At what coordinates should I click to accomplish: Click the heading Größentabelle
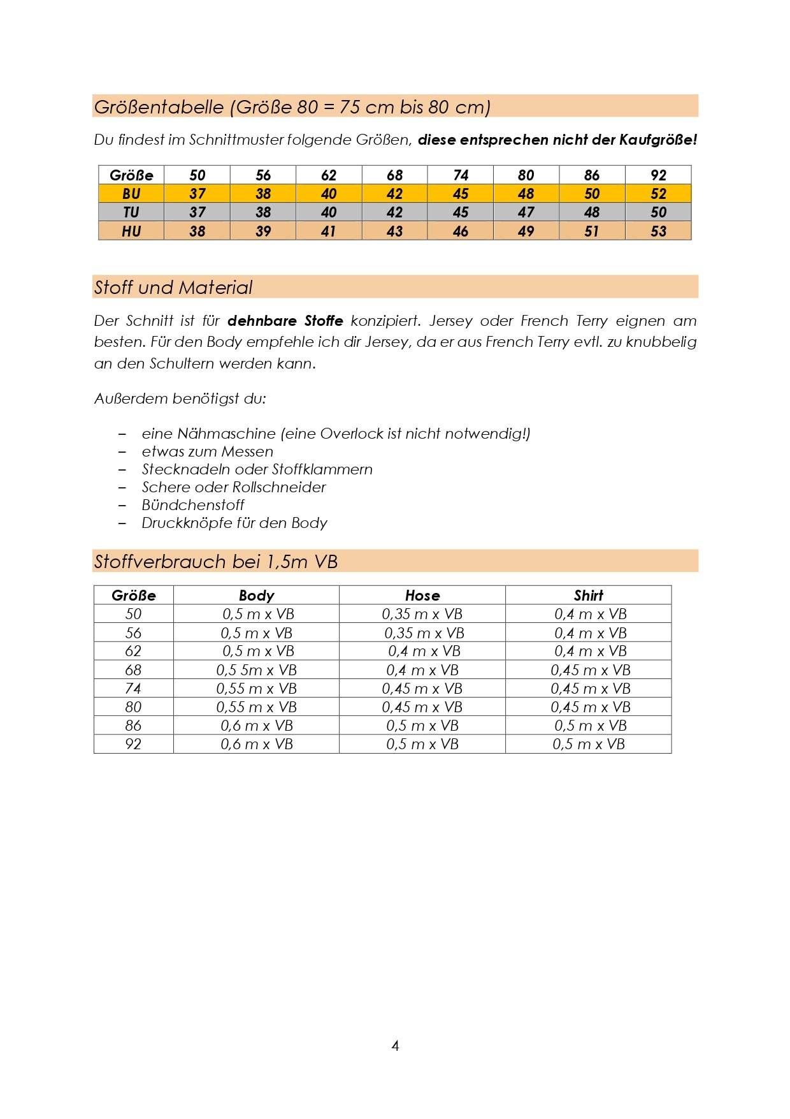[x=159, y=107]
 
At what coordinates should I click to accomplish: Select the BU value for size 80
[x=526, y=194]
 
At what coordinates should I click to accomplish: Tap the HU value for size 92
[x=658, y=231]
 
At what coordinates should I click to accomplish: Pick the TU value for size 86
[x=592, y=212]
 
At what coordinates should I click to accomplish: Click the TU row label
[x=131, y=212]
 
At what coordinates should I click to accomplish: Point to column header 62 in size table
[x=329, y=175]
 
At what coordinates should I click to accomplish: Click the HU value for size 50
[x=197, y=231]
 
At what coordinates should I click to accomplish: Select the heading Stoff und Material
[x=173, y=288]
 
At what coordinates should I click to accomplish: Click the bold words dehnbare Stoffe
[x=285, y=321]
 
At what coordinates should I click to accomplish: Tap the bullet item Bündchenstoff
[x=193, y=505]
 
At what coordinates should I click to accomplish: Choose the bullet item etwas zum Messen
[x=208, y=451]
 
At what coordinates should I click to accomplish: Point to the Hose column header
[x=422, y=596]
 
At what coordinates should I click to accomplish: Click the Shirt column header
[x=588, y=596]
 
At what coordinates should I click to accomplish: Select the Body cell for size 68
[x=256, y=670]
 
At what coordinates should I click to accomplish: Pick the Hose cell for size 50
[x=422, y=614]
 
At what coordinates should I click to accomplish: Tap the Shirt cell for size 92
[x=588, y=744]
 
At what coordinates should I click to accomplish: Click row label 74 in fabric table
[x=133, y=689]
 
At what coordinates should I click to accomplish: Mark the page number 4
[x=395, y=1046]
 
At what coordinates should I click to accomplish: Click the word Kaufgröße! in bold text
[x=658, y=140]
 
